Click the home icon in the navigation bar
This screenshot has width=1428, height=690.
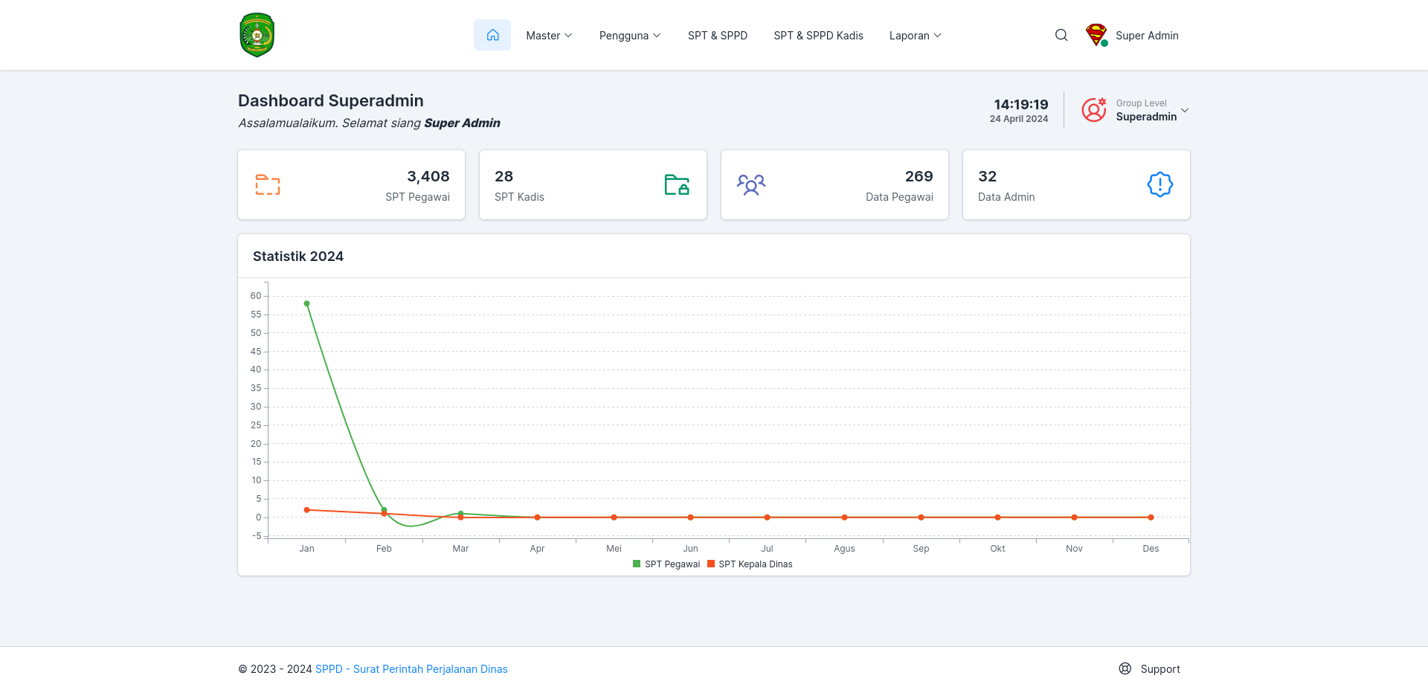(x=492, y=35)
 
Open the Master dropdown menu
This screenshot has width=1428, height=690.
(x=549, y=36)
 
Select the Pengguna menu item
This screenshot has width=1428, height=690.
(x=630, y=36)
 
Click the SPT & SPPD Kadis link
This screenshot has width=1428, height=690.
(x=818, y=36)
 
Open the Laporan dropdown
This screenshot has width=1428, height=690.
(x=916, y=36)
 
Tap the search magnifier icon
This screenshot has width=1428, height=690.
(x=1061, y=35)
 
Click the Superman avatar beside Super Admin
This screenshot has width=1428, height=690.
(x=1096, y=35)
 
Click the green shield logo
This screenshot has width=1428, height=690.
(x=257, y=35)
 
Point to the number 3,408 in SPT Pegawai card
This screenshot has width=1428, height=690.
(x=428, y=176)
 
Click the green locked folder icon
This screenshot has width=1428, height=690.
(x=677, y=184)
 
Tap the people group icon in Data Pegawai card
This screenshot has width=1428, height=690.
(x=751, y=184)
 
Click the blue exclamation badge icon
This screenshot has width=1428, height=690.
(x=1160, y=184)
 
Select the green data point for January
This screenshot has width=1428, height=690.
(x=306, y=303)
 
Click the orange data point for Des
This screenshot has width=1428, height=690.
(x=1151, y=517)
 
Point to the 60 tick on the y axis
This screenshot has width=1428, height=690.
(x=256, y=296)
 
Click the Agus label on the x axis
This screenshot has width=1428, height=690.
(x=844, y=549)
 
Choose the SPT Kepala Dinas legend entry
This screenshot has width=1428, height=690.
(x=750, y=564)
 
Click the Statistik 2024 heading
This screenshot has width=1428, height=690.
(x=298, y=257)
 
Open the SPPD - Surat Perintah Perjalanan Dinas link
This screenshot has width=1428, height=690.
(x=411, y=669)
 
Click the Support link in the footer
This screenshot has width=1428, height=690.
(x=1150, y=669)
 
